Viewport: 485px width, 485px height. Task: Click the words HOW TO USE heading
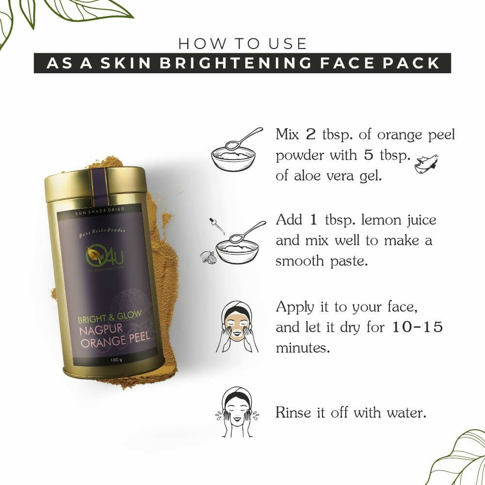pos(242,44)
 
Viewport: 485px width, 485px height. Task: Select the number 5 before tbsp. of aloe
pos(368,155)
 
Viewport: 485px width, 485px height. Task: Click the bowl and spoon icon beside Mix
pos(235,150)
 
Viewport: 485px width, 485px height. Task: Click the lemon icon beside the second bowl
pos(208,257)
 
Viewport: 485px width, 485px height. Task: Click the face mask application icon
pos(237,327)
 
